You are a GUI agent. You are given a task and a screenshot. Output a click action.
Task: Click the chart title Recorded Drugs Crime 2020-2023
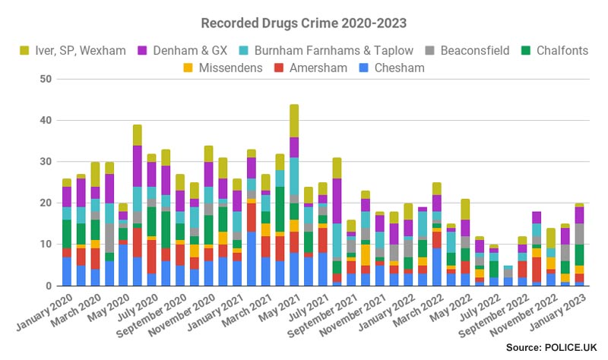click(304, 23)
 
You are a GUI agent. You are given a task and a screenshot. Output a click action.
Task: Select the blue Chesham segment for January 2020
click(67, 271)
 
